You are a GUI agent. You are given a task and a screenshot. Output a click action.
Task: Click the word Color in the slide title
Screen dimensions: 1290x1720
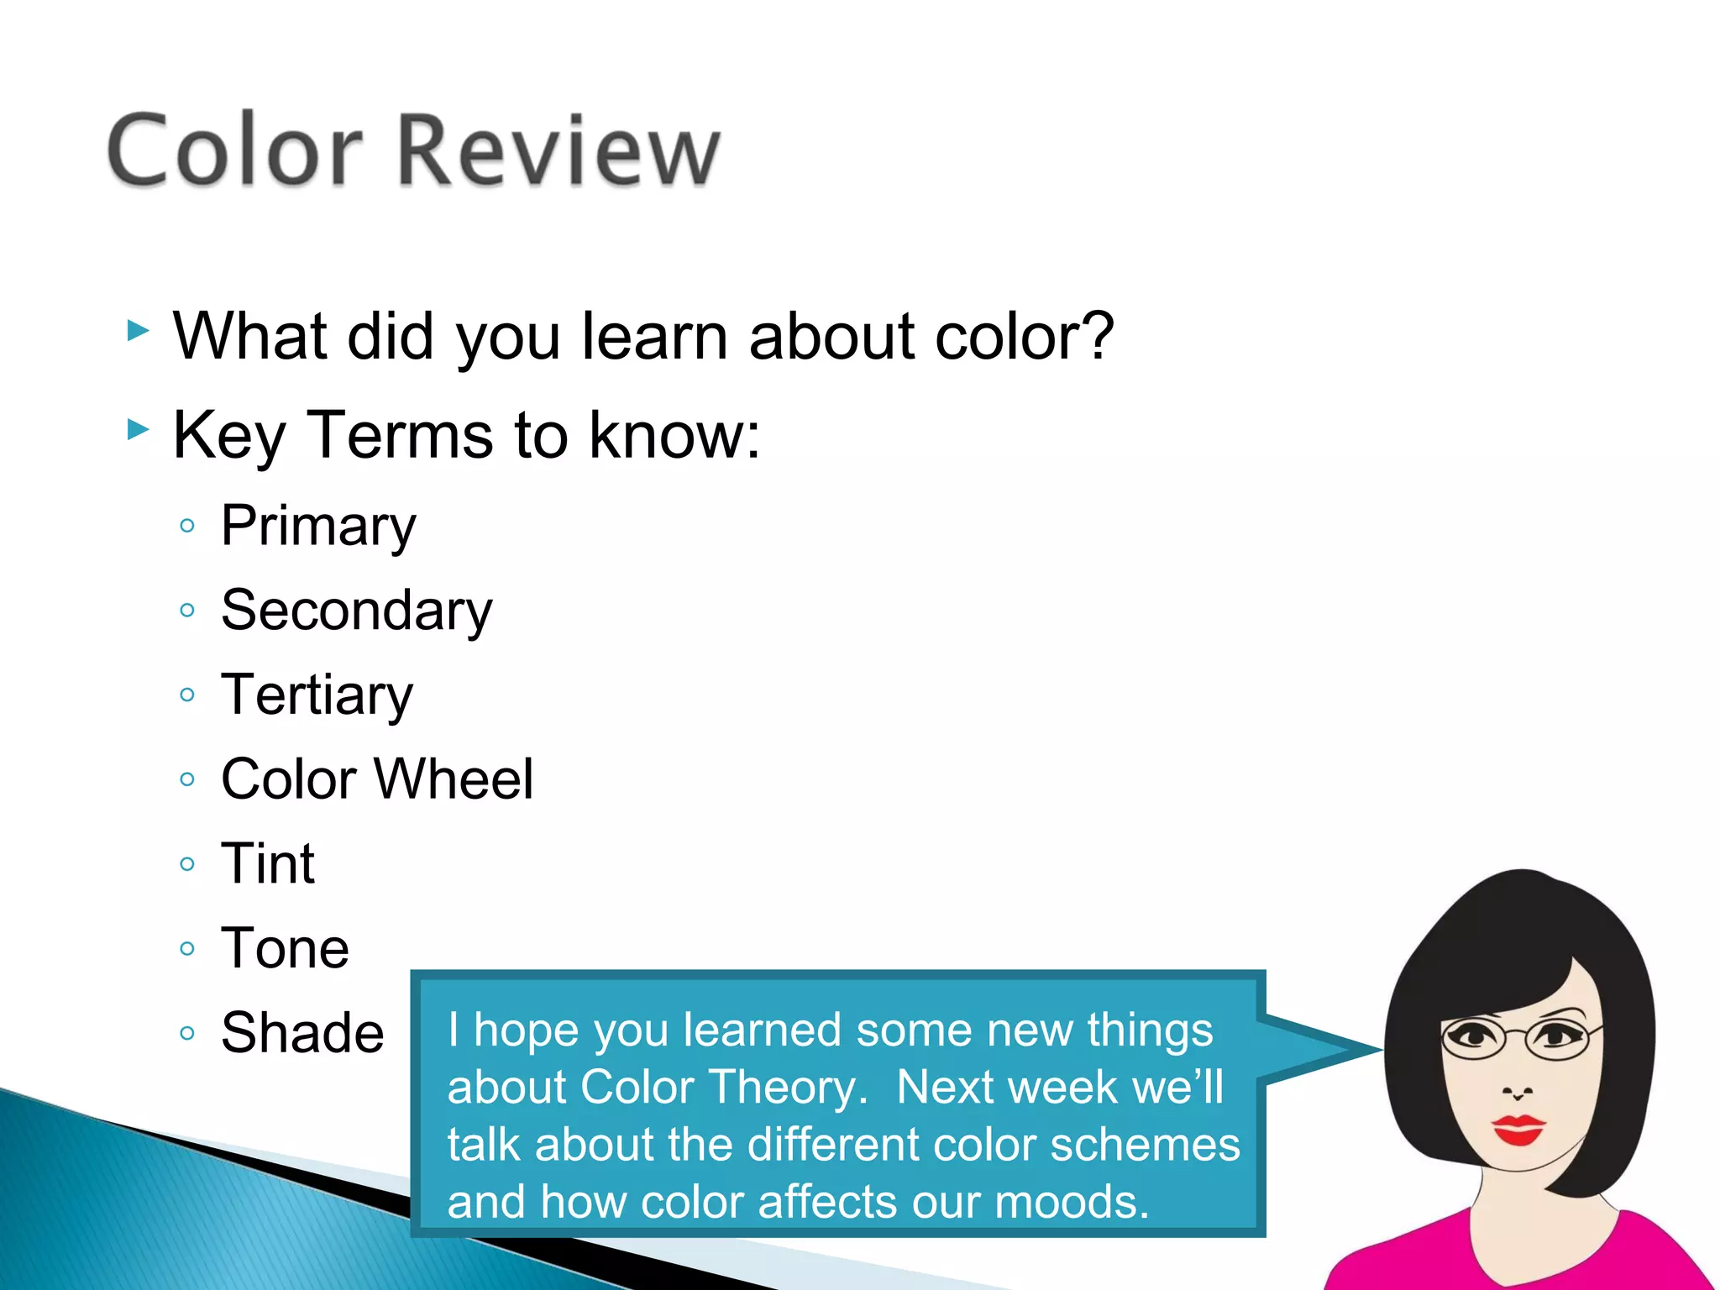(235, 151)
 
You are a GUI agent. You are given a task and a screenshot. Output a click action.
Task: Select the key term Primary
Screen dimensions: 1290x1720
(318, 527)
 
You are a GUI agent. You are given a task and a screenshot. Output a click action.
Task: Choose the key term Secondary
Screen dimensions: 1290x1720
(357, 611)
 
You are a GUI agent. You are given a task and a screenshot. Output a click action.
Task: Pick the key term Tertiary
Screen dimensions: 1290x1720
(317, 695)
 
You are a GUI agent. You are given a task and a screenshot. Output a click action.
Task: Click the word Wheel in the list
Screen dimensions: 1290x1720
(454, 779)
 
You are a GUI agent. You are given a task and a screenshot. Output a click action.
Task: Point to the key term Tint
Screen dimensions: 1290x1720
(267, 863)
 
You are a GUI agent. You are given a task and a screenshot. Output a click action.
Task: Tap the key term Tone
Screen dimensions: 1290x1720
(285, 948)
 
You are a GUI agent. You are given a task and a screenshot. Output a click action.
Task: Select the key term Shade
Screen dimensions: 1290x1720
(302, 1032)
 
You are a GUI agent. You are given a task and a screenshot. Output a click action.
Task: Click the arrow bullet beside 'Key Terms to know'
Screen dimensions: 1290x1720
(138, 431)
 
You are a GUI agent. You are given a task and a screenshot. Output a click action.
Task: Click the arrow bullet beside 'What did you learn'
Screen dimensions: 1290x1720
(138, 331)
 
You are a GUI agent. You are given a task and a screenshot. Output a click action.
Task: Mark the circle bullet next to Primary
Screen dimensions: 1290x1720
(187, 527)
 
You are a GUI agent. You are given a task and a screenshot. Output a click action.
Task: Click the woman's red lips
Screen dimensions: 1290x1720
(1518, 1130)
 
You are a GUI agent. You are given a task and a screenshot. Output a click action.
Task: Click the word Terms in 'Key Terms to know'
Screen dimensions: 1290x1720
(400, 435)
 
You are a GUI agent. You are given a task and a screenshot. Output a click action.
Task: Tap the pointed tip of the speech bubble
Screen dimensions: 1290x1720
(1379, 1049)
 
